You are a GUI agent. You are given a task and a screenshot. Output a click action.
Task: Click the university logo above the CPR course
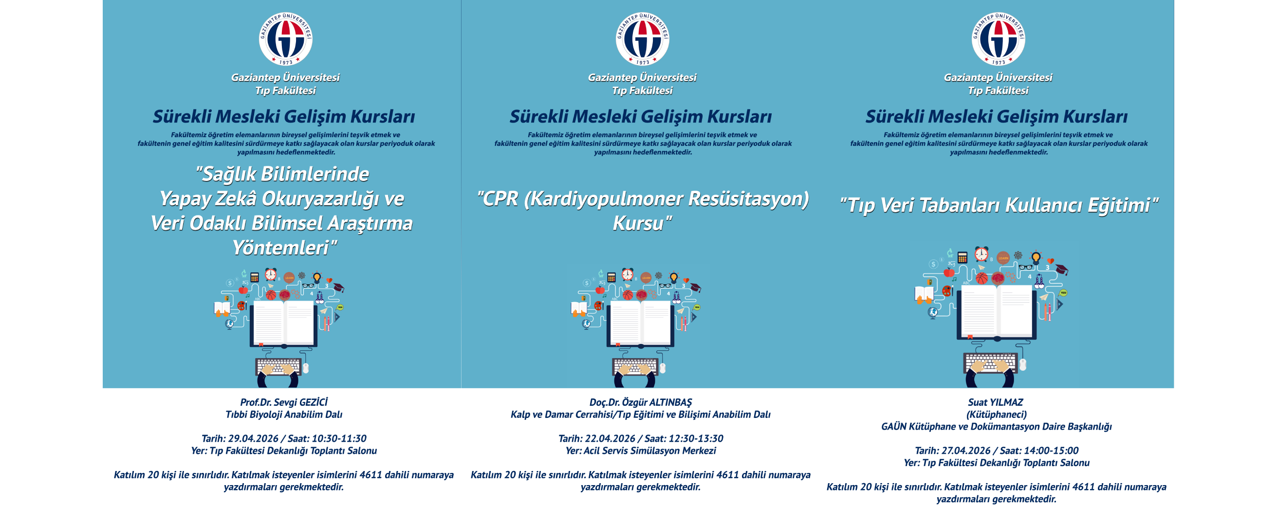coord(642,38)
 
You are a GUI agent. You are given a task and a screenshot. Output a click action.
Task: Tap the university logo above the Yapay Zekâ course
coord(285,38)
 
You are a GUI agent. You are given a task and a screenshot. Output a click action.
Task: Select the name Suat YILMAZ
coord(995,402)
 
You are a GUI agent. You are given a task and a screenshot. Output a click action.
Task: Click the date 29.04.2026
coord(253,438)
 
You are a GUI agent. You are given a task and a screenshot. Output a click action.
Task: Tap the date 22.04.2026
coord(610,438)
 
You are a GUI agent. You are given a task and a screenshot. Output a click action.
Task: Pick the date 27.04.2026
coord(966,451)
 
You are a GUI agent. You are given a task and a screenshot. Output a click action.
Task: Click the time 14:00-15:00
coord(1052,451)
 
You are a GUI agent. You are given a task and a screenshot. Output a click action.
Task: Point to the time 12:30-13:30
coord(697,438)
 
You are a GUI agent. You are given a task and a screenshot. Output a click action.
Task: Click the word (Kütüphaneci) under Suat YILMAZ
coord(996,415)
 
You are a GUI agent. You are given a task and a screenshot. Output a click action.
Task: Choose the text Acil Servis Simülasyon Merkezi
coord(649,451)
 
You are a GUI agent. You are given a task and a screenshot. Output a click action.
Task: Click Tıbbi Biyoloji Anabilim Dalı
coord(284,415)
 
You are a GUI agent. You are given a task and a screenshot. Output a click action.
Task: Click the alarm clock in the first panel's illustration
coord(270,274)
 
